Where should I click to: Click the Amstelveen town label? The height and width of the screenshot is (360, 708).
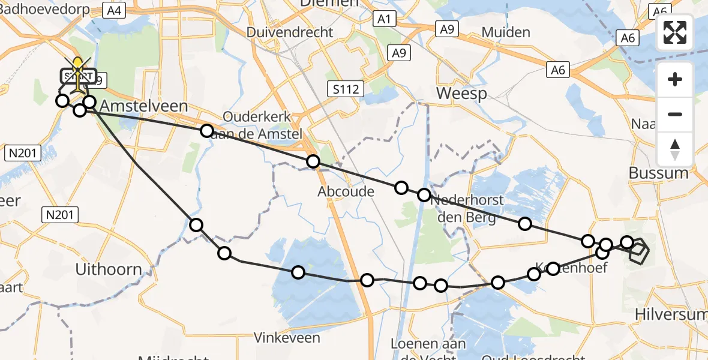pyautogui.click(x=143, y=106)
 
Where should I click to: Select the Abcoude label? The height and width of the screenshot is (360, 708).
pyautogui.click(x=346, y=192)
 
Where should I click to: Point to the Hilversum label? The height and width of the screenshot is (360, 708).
pyautogui.click(x=672, y=314)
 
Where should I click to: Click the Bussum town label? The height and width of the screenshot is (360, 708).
pyautogui.click(x=658, y=173)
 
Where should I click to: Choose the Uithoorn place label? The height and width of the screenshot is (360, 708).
pyautogui.click(x=109, y=269)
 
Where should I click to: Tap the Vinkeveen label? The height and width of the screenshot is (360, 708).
pyautogui.click(x=287, y=338)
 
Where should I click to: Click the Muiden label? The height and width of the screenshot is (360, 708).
pyautogui.click(x=506, y=32)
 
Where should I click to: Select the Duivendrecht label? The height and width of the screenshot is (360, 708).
pyautogui.click(x=289, y=32)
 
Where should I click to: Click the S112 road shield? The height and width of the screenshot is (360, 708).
pyautogui.click(x=347, y=89)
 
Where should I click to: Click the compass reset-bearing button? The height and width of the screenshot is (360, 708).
pyautogui.click(x=675, y=149)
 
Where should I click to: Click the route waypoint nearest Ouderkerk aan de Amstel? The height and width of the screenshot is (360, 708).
pyautogui.click(x=207, y=130)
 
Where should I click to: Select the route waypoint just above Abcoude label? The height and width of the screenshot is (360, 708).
pyautogui.click(x=313, y=161)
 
